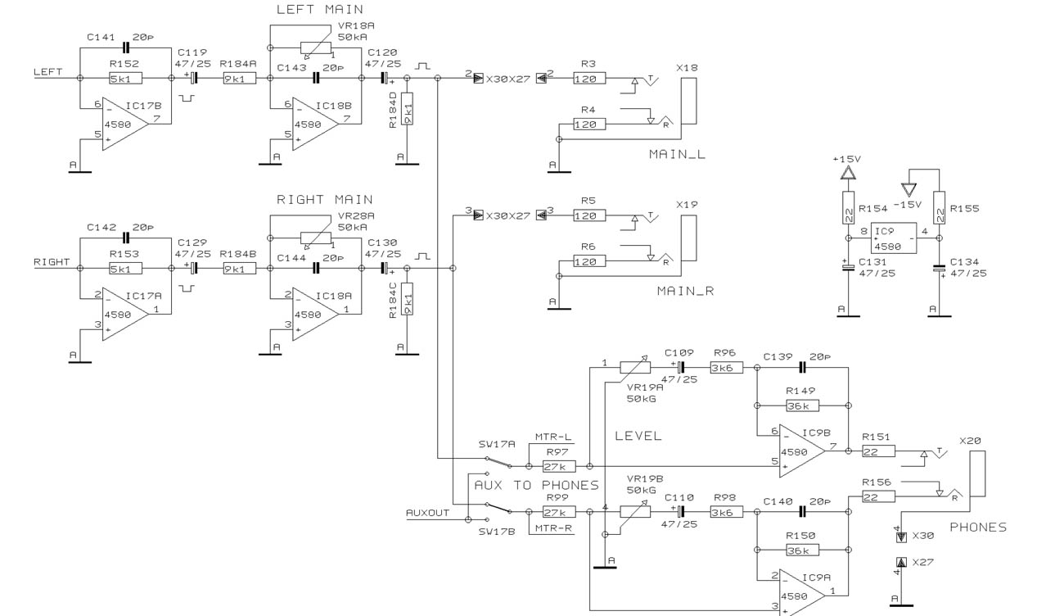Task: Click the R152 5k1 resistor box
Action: [125, 79]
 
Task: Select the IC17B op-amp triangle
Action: [125, 124]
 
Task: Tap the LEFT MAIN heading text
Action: [319, 9]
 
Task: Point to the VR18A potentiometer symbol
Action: [316, 48]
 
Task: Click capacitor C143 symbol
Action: [316, 78]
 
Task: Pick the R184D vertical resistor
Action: [407, 108]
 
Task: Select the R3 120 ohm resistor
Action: [589, 79]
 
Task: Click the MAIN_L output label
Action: [677, 154]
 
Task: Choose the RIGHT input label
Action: [52, 261]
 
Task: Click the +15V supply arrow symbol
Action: [848, 173]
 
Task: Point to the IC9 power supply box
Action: [894, 238]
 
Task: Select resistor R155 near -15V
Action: [939, 207]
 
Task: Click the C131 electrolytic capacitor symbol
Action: [848, 267]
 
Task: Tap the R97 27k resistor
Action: [559, 466]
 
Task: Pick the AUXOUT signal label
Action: [427, 513]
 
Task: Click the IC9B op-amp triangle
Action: [802, 451]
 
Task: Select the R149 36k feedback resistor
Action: [802, 405]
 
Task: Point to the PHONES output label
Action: [978, 527]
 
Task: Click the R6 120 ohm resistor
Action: [589, 261]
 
